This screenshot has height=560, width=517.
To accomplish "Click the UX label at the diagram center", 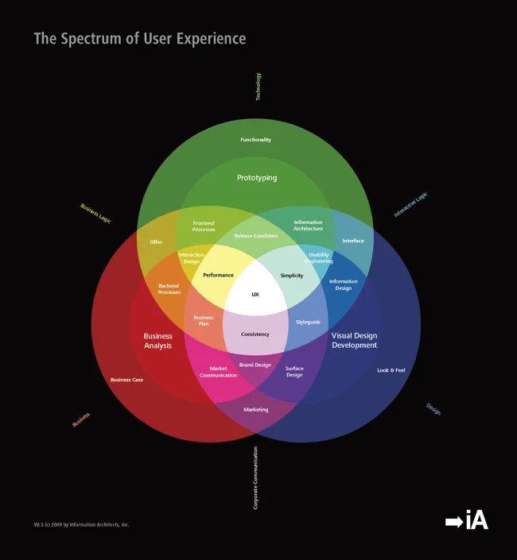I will click(255, 294).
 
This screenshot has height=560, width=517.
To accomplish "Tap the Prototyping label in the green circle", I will click(257, 178).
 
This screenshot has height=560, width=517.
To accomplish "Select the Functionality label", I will click(256, 140).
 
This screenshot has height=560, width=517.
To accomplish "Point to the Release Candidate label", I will click(256, 236).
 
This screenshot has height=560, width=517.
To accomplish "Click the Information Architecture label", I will click(308, 226).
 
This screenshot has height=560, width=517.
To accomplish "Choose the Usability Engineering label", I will click(319, 258).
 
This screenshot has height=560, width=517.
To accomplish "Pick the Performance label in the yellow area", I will click(218, 276).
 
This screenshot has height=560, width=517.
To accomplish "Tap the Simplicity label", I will click(292, 276).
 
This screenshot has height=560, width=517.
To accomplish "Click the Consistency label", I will click(255, 334).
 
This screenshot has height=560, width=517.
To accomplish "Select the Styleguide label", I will click(308, 322).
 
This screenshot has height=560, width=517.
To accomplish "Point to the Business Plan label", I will click(204, 321).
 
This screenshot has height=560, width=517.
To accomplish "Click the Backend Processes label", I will click(169, 289).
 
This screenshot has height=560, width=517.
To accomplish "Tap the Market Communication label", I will click(218, 372).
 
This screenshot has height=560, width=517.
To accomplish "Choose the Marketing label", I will click(256, 409).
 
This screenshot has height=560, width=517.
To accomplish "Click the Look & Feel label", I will click(391, 370).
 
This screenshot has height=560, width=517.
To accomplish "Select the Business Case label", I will click(126, 380).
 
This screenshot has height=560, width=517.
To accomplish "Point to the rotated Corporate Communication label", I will click(255, 477).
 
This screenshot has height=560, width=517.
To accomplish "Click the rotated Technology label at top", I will click(258, 87).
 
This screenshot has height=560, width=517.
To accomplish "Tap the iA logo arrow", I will click(453, 522).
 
